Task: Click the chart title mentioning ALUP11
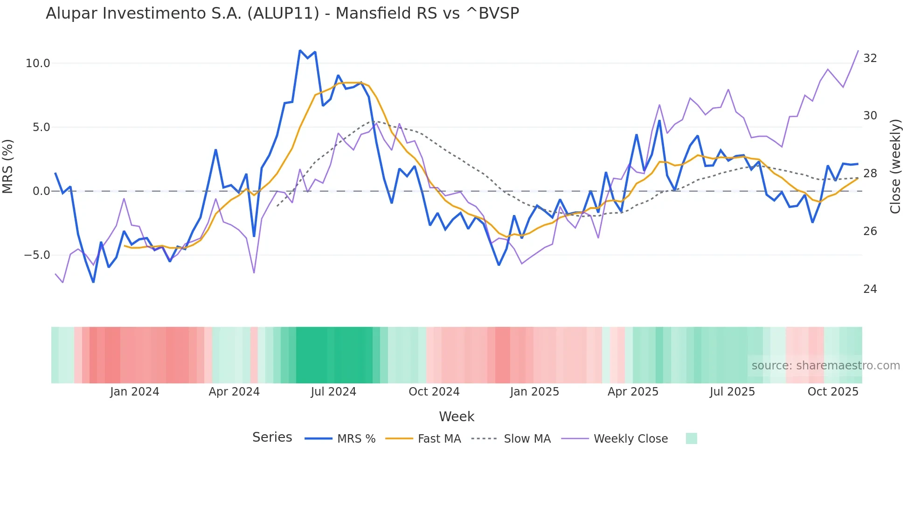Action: click(282, 14)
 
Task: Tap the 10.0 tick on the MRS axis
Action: click(38, 63)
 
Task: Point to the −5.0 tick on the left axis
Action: click(37, 255)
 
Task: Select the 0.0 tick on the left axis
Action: click(41, 191)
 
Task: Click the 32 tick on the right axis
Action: click(870, 58)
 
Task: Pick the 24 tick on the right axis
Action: click(870, 289)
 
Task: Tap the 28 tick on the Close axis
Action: click(870, 174)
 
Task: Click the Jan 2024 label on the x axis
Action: click(134, 392)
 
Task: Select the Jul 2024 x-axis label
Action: click(333, 392)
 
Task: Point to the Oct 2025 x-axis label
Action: click(833, 392)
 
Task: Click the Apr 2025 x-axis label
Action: click(633, 392)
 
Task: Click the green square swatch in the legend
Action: click(691, 438)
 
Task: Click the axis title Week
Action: click(457, 417)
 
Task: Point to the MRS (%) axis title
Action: click(8, 166)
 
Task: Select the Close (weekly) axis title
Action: click(895, 166)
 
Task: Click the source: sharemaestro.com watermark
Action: click(825, 366)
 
